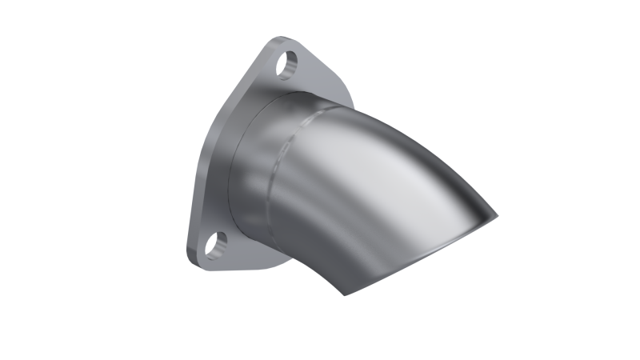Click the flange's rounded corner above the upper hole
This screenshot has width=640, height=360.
[282, 40]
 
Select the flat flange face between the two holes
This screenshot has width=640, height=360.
[232, 152]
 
